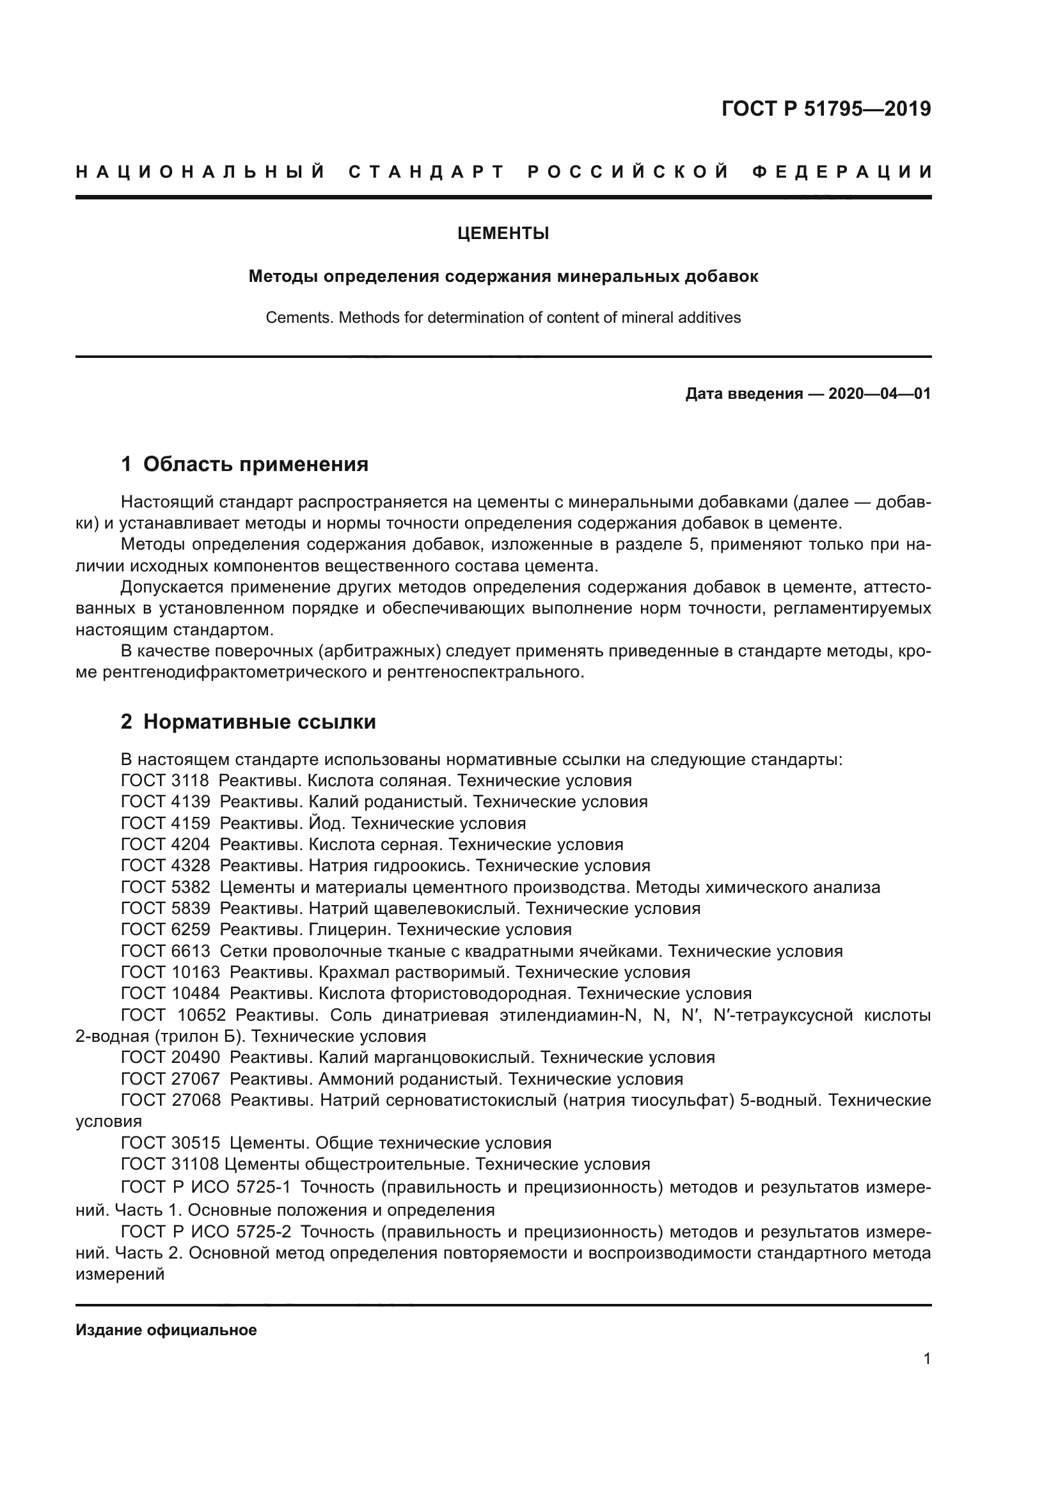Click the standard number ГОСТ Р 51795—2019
825,109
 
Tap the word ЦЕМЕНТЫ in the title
503,234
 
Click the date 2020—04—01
879,394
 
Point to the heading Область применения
255,464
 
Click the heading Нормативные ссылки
259,722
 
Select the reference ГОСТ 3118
165,780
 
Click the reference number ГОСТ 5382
166,888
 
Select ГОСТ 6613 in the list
166,951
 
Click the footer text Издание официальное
166,1330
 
